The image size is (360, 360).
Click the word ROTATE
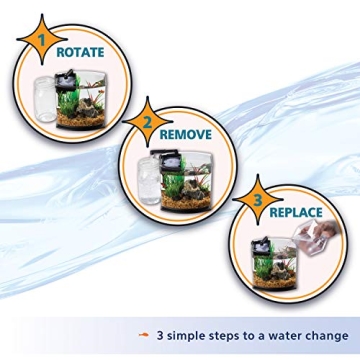click(x=80, y=51)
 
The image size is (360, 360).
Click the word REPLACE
click(x=296, y=212)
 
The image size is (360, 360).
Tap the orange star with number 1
click(x=40, y=41)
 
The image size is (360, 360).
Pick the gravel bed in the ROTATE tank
click(x=86, y=118)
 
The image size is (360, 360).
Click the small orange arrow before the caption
click(x=144, y=336)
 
